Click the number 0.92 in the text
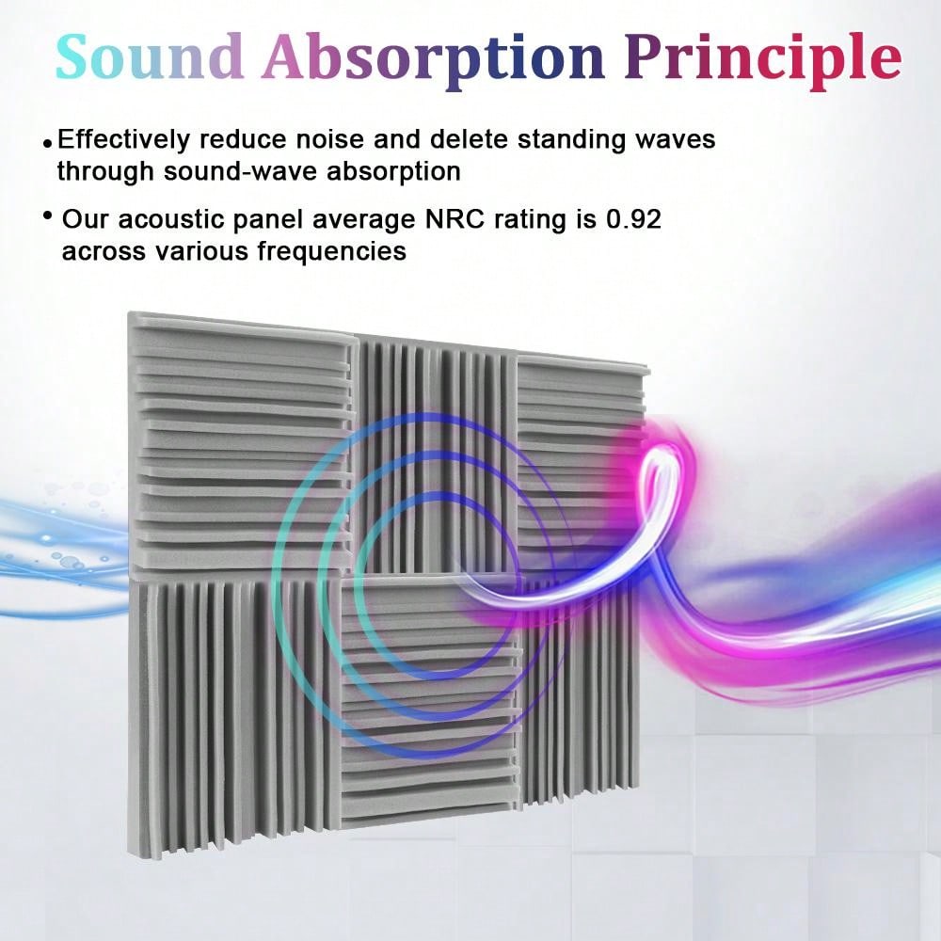click(x=635, y=220)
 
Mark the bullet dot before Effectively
click(x=47, y=143)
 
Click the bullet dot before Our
click(x=47, y=216)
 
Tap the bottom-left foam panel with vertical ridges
click(x=231, y=715)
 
